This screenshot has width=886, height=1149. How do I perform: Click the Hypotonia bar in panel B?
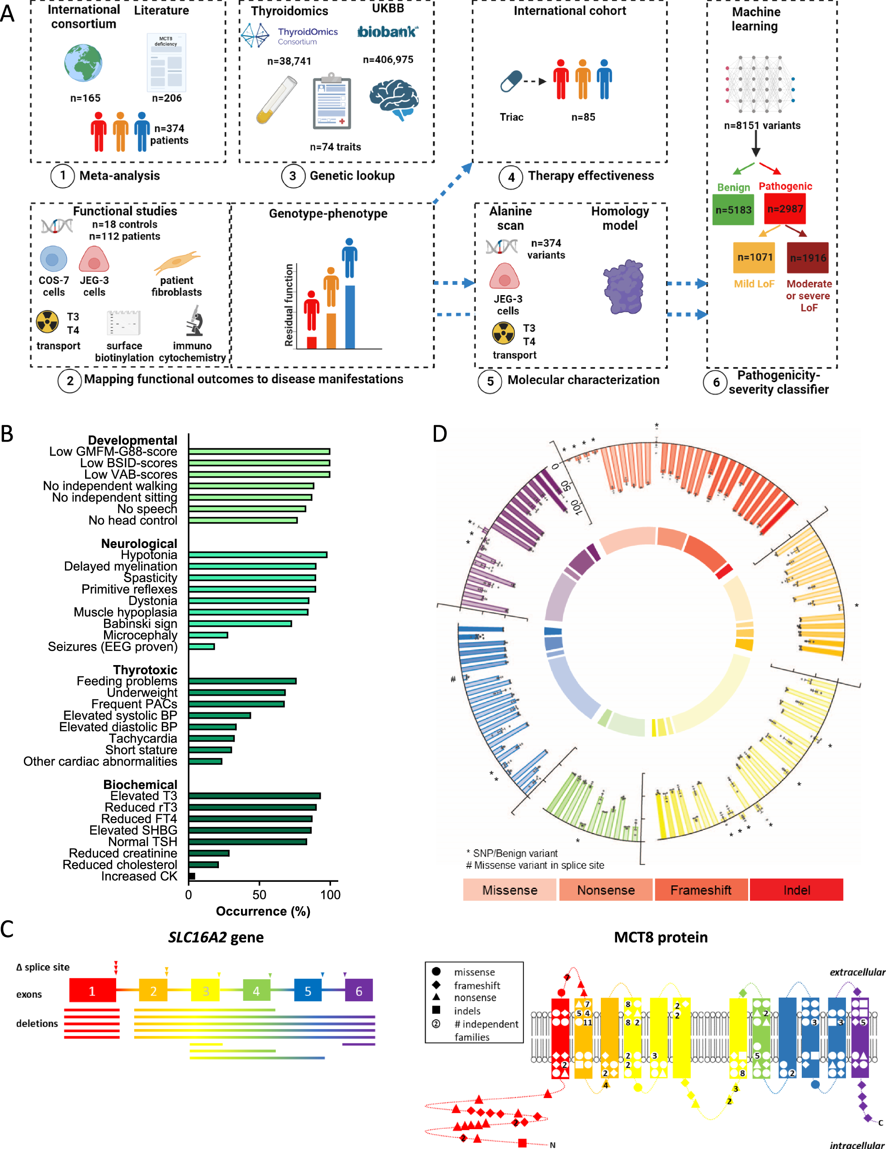pyautogui.click(x=258, y=555)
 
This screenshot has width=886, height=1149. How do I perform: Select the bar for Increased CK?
pyautogui.click(x=192, y=876)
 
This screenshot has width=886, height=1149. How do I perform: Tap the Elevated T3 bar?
pyautogui.click(x=254, y=795)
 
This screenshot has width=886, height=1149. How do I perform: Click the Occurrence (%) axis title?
pyautogui.click(x=263, y=911)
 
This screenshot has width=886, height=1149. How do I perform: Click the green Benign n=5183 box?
pyautogui.click(x=733, y=210)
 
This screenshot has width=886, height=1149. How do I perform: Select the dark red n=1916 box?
pyautogui.click(x=807, y=257)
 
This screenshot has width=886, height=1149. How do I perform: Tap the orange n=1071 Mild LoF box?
pyautogui.click(x=754, y=257)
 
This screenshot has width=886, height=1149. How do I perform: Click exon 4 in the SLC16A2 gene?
pyautogui.click(x=256, y=991)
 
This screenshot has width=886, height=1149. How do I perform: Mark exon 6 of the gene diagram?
pyautogui.click(x=359, y=991)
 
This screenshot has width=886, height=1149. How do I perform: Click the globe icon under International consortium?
pyautogui.click(x=83, y=63)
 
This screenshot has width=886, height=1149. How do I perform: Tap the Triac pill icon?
pyautogui.click(x=511, y=81)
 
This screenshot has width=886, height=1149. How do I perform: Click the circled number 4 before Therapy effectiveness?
pyautogui.click(x=511, y=177)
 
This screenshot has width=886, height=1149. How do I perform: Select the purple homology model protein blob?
pyautogui.click(x=623, y=287)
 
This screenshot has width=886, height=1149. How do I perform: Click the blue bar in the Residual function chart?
pyautogui.click(x=350, y=316)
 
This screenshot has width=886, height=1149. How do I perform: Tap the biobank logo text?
pyautogui.click(x=387, y=32)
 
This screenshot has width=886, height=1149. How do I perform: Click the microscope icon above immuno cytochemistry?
pyautogui.click(x=195, y=320)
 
